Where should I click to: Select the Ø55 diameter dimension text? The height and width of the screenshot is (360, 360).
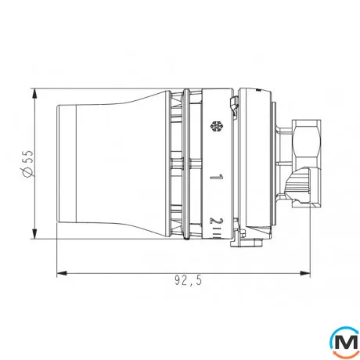(x=27, y=162)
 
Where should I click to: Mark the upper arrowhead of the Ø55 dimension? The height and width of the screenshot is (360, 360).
(x=36, y=91)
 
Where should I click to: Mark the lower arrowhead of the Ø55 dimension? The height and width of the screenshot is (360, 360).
(x=36, y=232)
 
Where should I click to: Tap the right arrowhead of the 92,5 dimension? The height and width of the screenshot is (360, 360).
(x=305, y=274)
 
